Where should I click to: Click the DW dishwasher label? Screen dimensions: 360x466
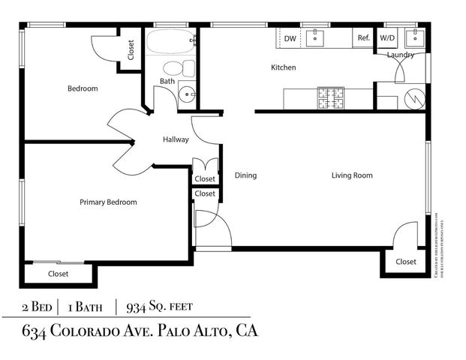point(290,38)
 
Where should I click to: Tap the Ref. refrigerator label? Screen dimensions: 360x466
point(363,38)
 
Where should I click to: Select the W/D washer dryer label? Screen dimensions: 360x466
point(387,38)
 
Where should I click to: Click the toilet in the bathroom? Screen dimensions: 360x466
point(179,68)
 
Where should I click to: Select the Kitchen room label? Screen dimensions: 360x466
point(283,67)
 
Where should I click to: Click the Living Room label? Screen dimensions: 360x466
point(352,175)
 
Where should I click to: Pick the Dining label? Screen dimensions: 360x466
point(245,175)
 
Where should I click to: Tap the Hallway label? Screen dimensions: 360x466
point(176,139)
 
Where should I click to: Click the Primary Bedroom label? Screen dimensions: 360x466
point(109,202)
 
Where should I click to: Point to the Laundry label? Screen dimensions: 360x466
point(401,55)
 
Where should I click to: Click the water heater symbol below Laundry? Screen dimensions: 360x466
point(415,97)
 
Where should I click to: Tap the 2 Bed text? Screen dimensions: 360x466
point(37,307)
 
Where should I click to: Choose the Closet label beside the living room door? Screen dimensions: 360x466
point(405,262)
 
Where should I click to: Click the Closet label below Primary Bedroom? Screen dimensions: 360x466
point(58,274)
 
